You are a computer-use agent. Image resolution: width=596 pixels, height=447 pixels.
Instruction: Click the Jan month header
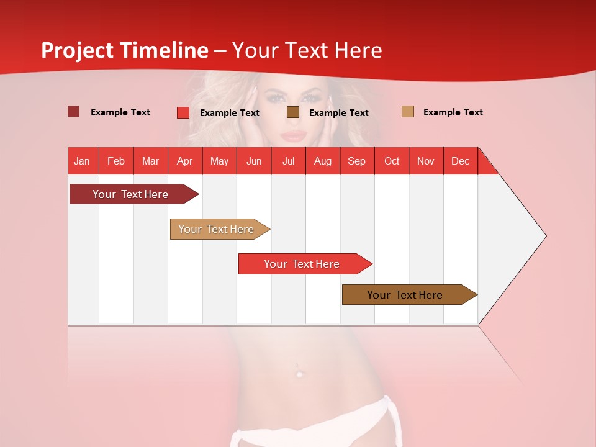tap(82, 161)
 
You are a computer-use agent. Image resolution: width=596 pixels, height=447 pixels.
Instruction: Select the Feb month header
tap(116, 161)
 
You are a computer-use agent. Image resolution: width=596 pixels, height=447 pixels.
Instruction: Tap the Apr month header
tap(184, 161)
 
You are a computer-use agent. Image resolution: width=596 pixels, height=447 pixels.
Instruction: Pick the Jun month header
tap(254, 161)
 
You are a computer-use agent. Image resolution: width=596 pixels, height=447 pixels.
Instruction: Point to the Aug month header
tap(322, 161)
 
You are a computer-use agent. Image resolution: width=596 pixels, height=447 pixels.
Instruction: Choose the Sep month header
tap(356, 161)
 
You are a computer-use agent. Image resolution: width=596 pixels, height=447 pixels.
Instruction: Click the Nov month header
tap(425, 161)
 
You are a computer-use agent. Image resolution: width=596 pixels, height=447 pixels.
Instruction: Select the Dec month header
tap(460, 161)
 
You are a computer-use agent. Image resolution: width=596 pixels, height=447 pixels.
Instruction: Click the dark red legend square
tap(74, 112)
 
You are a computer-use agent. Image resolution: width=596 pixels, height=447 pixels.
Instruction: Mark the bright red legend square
tap(183, 112)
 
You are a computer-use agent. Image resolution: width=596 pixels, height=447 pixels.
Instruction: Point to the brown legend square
tap(293, 112)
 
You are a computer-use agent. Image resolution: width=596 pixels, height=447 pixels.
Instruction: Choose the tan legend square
tap(408, 112)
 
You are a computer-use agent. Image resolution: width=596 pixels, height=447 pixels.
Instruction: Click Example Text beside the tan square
tap(453, 112)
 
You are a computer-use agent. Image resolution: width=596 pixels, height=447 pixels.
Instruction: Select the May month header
tap(219, 161)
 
